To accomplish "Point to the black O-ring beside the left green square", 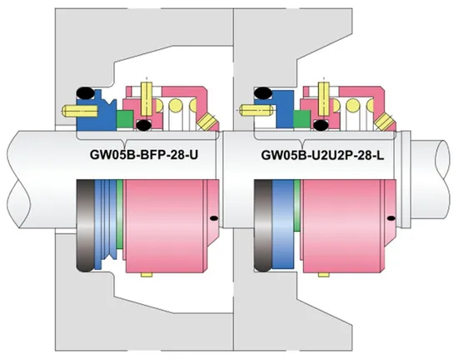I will (143, 126).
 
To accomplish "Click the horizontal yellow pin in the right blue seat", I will (247, 107).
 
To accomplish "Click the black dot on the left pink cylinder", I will (214, 218).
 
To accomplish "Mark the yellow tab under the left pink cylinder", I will (147, 272).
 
